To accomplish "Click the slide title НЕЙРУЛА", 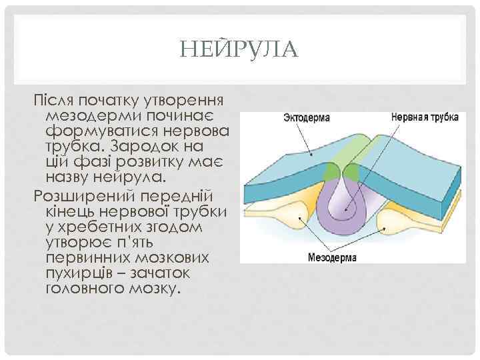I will (240, 49).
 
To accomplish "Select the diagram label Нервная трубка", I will (425, 117).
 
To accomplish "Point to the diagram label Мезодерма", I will (333, 256).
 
